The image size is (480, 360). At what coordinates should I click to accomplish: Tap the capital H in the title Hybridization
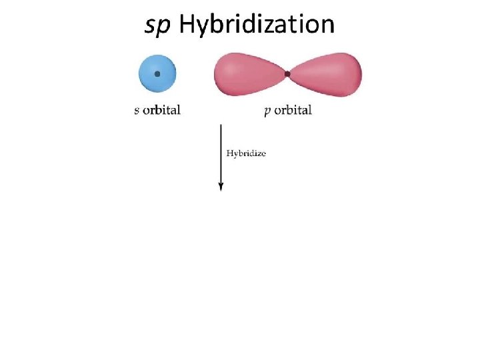pos(187,25)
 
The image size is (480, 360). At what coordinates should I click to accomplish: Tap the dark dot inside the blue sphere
pos(157,74)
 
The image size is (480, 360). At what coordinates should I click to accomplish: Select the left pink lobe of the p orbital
pos(247,74)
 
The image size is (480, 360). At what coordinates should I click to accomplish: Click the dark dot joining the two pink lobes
pos(287,74)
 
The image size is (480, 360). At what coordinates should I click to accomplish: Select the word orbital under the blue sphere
pos(162,110)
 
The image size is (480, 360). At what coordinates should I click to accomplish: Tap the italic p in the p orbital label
pos(267,111)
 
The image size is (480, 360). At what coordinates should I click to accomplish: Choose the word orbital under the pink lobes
pos(293,110)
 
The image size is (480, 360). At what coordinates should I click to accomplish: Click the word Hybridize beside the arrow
pos(246,153)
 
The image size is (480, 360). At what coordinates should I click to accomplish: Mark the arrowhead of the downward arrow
pos(221,186)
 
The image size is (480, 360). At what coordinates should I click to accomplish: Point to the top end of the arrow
pos(221,125)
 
